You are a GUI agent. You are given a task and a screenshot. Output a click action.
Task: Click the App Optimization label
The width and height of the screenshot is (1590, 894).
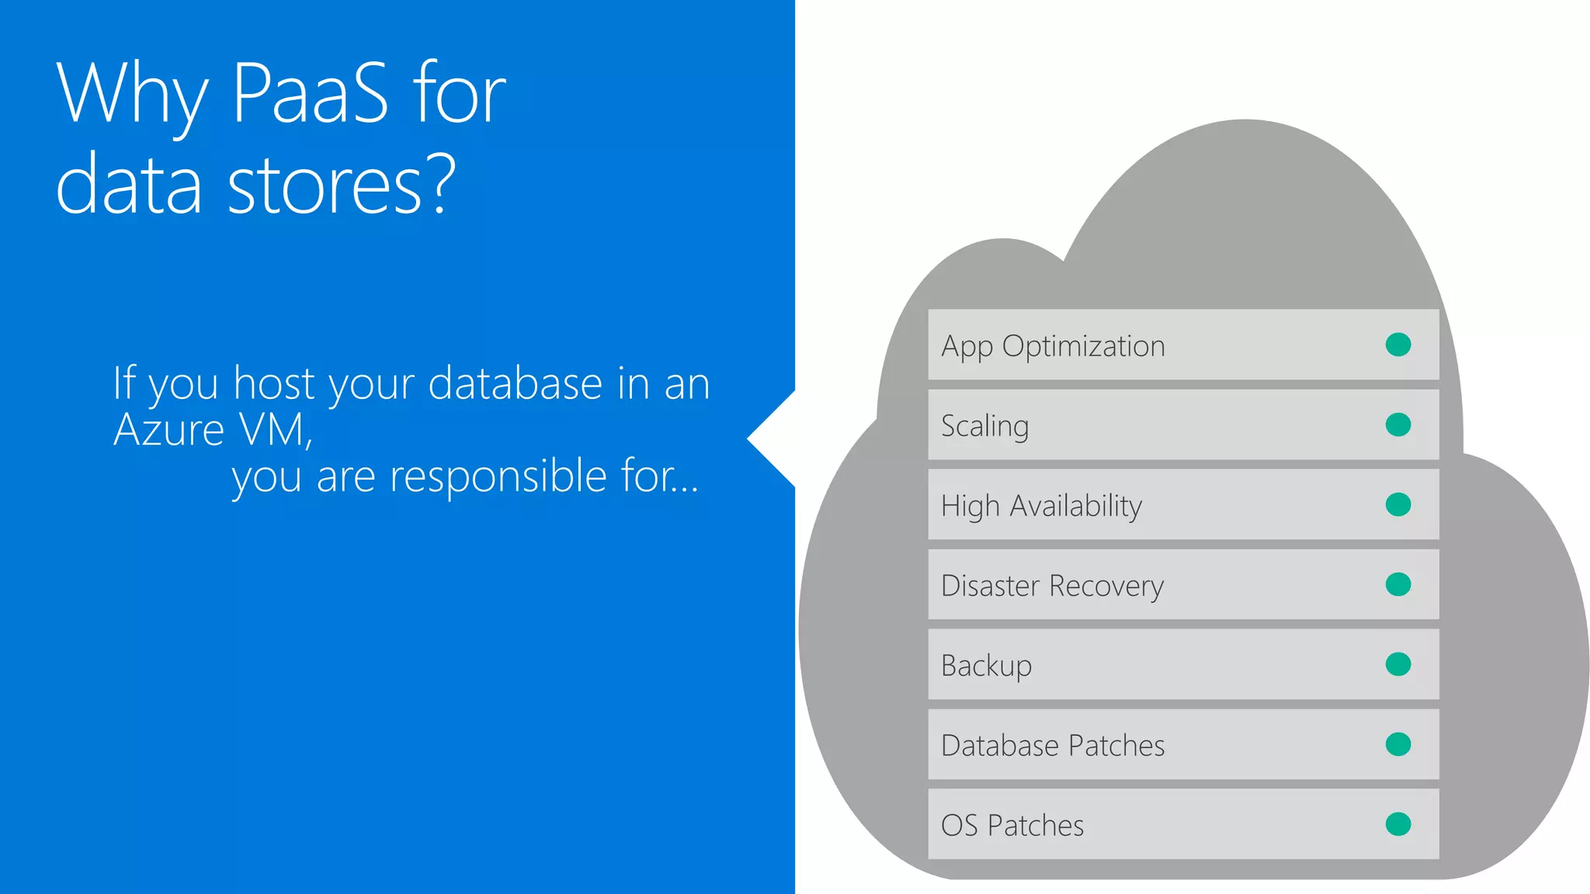point(1053,346)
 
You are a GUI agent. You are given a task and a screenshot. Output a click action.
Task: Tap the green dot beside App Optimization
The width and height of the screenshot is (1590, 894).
point(1397,345)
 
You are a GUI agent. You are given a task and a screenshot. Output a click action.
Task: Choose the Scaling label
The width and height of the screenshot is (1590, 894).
point(984,426)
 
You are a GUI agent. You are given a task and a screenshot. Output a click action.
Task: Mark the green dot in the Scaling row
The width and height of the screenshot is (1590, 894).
point(1397,424)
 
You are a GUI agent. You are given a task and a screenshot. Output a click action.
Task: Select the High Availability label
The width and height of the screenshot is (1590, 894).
point(1041,506)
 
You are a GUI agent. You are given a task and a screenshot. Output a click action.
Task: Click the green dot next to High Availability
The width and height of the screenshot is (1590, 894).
point(1397,504)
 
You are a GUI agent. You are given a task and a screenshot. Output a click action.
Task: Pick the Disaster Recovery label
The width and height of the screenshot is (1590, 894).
point(1052,586)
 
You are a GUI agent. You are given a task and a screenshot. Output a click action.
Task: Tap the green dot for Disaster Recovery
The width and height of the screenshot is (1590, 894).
point(1397,584)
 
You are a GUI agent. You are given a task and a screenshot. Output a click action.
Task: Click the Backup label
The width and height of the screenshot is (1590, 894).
point(986,666)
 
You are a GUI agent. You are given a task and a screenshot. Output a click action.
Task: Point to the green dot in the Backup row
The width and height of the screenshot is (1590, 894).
point(1397,664)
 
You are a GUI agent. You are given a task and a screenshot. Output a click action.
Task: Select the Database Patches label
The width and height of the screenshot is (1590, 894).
point(1053,746)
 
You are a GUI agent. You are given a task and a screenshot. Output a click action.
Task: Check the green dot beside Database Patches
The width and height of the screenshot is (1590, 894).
point(1397,744)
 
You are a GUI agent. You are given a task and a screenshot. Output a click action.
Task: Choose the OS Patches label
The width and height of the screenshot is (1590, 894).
point(1012,826)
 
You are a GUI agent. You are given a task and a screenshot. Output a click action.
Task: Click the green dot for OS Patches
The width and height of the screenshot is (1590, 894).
point(1397,824)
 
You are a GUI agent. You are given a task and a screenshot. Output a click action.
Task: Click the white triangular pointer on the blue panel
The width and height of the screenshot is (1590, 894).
point(777,439)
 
